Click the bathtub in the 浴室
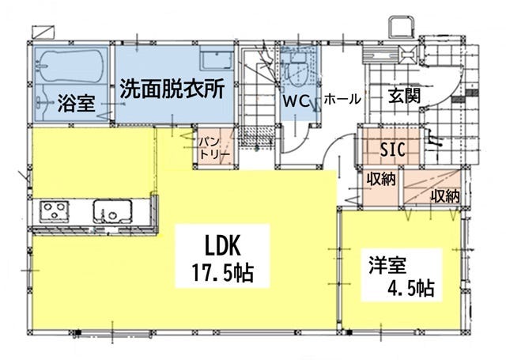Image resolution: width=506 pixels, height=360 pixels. pos(72,65)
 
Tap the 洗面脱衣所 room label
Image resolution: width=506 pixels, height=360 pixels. pos(172,89)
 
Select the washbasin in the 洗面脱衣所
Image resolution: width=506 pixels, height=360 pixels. pos(217,60)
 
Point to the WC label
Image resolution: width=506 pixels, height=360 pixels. pos(296,101)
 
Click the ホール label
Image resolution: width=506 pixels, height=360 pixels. pos(342,99)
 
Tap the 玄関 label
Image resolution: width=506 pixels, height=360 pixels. pos(404,96)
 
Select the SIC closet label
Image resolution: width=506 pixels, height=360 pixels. pos(392,150)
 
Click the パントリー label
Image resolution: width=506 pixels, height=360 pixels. pos(213,147)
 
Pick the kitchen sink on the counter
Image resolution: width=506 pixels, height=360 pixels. pos(112,211)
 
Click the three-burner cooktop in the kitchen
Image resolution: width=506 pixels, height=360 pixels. pos(55,211)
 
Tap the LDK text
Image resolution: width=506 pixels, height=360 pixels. pos(223,246)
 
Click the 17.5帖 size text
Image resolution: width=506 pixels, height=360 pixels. pos(222,273)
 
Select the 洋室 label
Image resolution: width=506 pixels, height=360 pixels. pos(387,265)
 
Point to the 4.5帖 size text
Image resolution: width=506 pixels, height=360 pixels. pos(410,288)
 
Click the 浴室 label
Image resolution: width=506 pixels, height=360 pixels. pos(76,103)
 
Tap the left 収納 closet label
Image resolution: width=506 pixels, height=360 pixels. pos(381,179)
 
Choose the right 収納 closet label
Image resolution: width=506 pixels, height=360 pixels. pos(446,195)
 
